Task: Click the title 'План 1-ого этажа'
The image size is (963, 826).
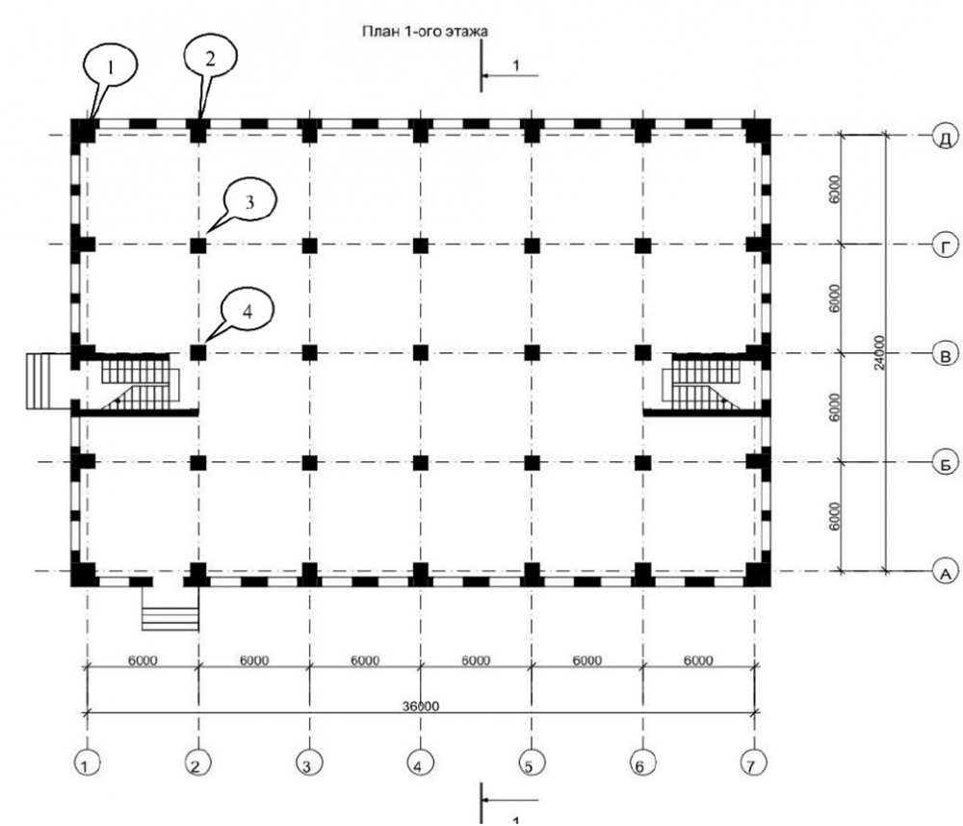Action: (x=424, y=31)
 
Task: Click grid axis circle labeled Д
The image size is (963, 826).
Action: (x=945, y=137)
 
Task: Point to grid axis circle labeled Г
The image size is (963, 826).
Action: (x=945, y=245)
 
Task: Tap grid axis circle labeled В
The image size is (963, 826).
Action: (x=945, y=355)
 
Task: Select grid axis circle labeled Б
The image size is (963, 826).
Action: (x=945, y=463)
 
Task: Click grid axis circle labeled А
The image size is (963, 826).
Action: (x=945, y=573)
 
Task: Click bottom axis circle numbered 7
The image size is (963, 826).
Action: (x=753, y=765)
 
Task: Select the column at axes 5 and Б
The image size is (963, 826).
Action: (x=532, y=463)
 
